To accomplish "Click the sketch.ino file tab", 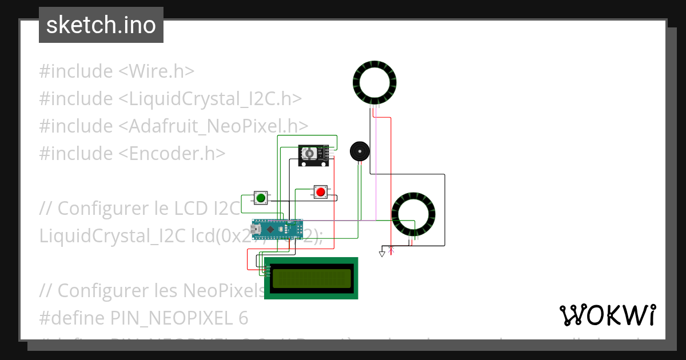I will pos(101,25).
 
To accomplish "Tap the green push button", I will pos(261,198).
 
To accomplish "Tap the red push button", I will pos(321,191).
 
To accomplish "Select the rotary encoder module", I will pos(313,155).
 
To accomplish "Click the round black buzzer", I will pos(359,151).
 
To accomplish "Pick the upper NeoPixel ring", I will pos(374,82).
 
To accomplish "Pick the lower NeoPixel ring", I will pos(414,215).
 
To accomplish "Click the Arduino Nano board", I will pos(277,229).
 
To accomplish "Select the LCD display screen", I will pos(312,278).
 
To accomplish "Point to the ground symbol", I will pos(382,253).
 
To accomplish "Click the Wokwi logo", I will pos(607,315).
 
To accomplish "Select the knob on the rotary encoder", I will pos(309,154).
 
